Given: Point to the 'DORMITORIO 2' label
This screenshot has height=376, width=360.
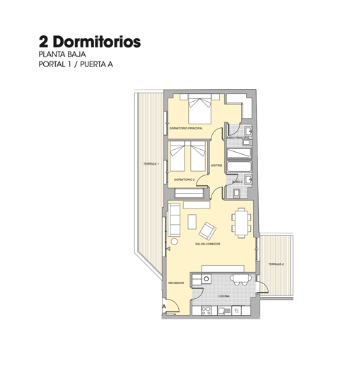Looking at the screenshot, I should click(x=184, y=180).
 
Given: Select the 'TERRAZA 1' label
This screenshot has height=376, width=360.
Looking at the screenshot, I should click(x=151, y=164).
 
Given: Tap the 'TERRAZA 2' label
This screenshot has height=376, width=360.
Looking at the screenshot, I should click(x=276, y=264).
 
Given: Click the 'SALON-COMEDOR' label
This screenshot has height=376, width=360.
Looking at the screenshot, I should click(x=207, y=243).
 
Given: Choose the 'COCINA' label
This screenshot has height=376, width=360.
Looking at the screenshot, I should click(x=223, y=295).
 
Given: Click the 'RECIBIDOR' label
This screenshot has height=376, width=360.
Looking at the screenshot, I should click(x=176, y=283).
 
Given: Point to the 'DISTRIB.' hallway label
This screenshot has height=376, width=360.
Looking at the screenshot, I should click(x=216, y=165).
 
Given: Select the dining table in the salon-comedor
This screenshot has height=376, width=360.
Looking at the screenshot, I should click(x=243, y=221).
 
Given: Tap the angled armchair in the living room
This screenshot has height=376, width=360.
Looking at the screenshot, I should click(x=209, y=230).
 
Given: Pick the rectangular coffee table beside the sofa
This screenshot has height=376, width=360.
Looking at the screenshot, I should click(x=191, y=221).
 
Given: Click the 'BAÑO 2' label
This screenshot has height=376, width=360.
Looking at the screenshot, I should click(x=238, y=182).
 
